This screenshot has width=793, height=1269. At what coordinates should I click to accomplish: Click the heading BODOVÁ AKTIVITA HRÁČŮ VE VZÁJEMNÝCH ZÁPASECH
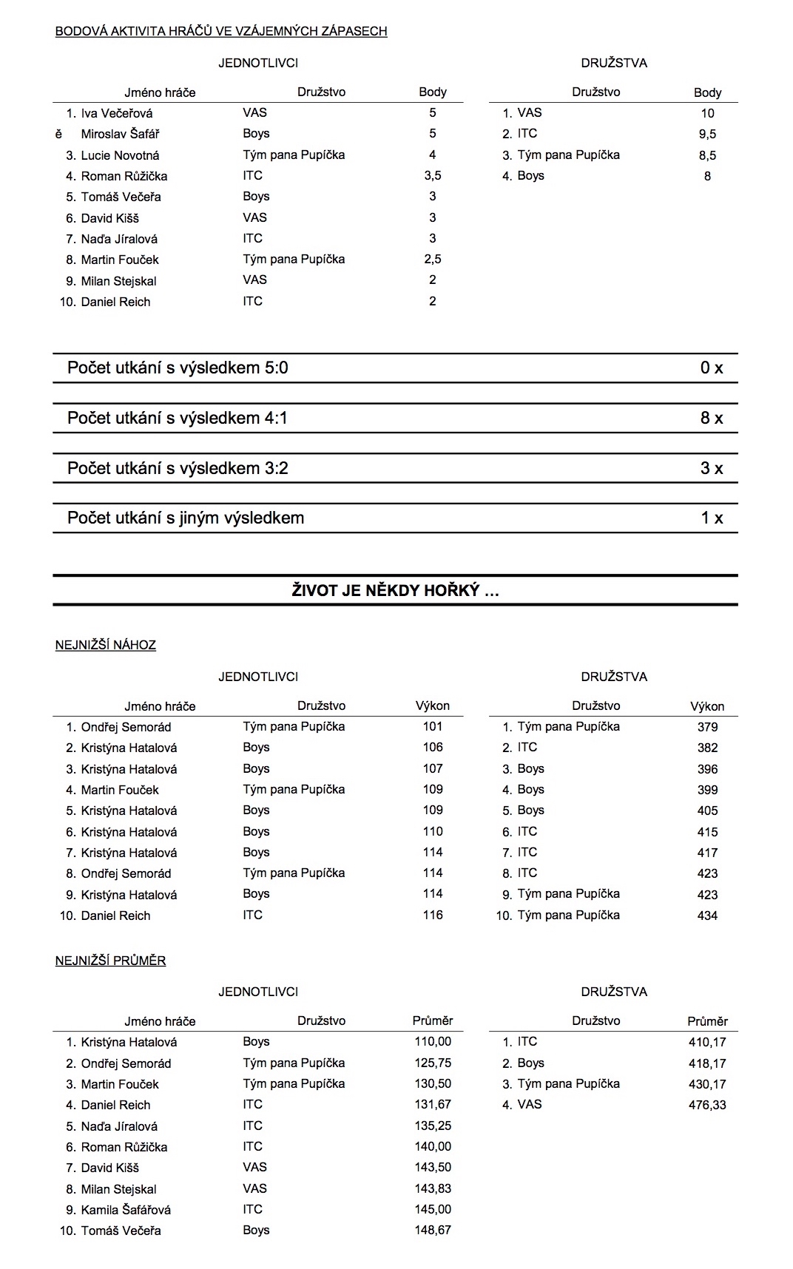[x=221, y=31]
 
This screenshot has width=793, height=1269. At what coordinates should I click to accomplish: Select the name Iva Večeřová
[x=117, y=113]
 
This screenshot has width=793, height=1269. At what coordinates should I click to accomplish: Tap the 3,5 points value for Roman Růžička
[x=432, y=176]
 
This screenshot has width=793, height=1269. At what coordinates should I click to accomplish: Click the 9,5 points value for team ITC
[x=707, y=134]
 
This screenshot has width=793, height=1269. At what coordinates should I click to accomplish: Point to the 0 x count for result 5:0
[x=711, y=368]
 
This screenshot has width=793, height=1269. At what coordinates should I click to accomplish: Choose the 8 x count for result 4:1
[x=711, y=418]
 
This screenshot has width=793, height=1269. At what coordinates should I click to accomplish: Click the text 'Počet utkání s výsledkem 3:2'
[x=178, y=468]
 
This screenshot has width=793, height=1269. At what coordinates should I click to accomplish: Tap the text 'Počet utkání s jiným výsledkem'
[x=186, y=518]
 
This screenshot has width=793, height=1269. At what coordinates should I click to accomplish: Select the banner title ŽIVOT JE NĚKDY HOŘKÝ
[x=395, y=590]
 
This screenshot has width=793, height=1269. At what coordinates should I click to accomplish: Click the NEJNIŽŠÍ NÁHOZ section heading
[x=106, y=645]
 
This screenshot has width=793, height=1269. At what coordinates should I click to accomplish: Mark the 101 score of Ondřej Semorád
[x=433, y=726]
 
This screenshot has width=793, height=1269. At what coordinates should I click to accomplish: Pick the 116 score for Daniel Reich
[x=433, y=915]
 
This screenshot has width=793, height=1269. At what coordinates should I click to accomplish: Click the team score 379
[x=707, y=727]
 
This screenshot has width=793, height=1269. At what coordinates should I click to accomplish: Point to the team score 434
[x=707, y=916]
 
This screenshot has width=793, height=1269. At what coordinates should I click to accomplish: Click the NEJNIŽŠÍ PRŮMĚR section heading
[x=110, y=961]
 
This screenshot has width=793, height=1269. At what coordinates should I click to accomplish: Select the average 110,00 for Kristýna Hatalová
[x=433, y=1041]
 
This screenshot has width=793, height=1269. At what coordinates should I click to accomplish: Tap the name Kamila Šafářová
[x=126, y=1210]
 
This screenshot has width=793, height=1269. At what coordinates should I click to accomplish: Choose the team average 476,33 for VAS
[x=707, y=1105]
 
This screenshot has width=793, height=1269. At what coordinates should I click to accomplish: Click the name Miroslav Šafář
[x=120, y=134]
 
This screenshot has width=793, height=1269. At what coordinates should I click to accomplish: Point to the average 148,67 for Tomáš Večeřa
[x=433, y=1230]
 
